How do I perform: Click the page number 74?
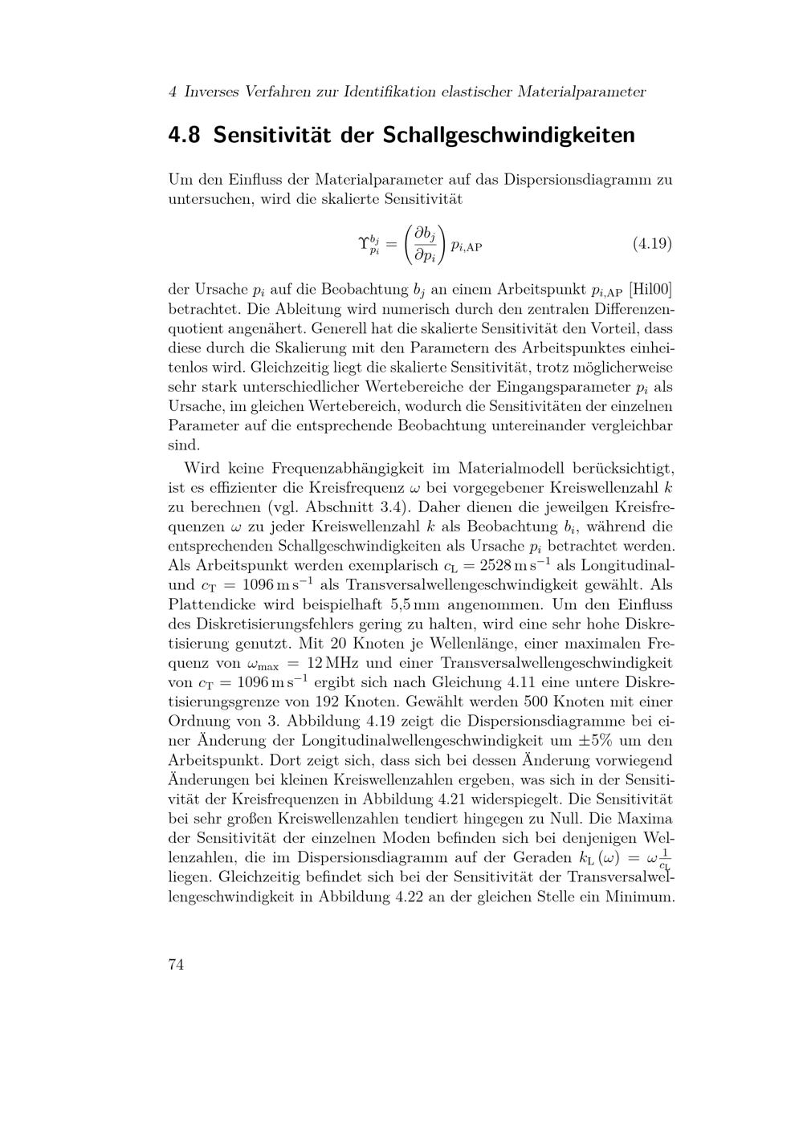pyautogui.click(x=176, y=965)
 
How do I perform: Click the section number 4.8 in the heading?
pyautogui.click(x=185, y=134)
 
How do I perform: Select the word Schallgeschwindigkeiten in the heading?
pyautogui.click(x=508, y=134)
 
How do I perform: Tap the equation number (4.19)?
pyautogui.click(x=652, y=242)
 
